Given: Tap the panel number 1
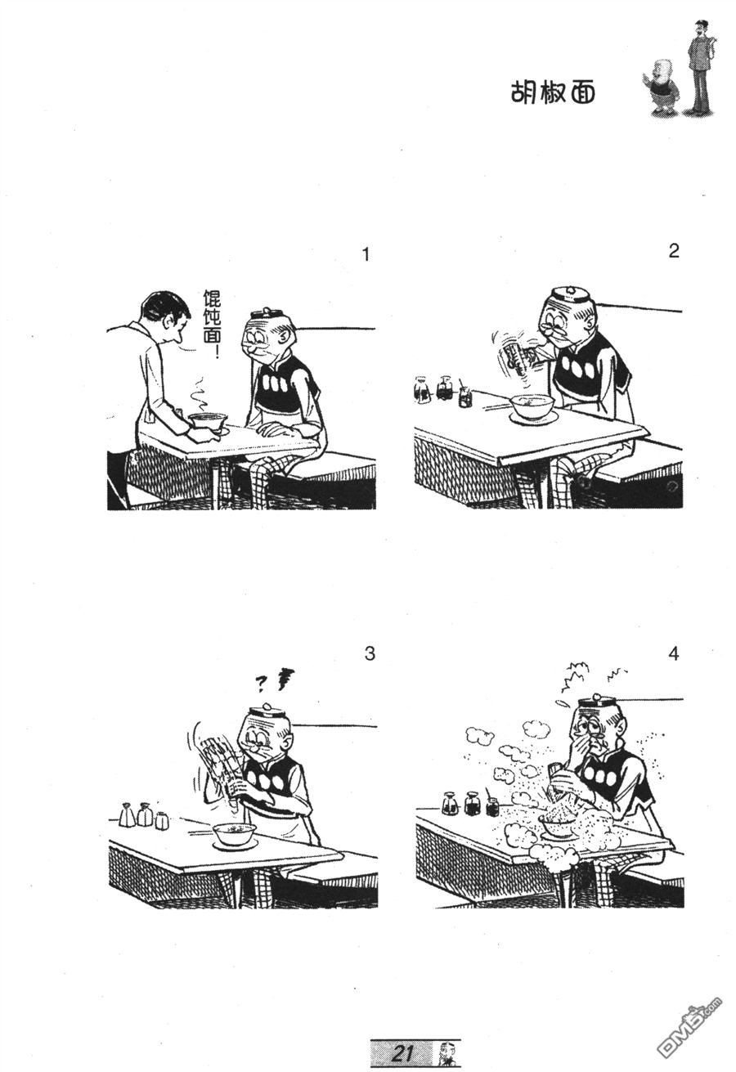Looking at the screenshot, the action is tap(366, 254).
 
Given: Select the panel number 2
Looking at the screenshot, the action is tap(674, 251).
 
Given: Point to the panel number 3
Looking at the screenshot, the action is tap(370, 653).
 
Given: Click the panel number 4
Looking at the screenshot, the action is tap(674, 653).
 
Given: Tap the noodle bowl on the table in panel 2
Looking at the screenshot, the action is tap(532, 408).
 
